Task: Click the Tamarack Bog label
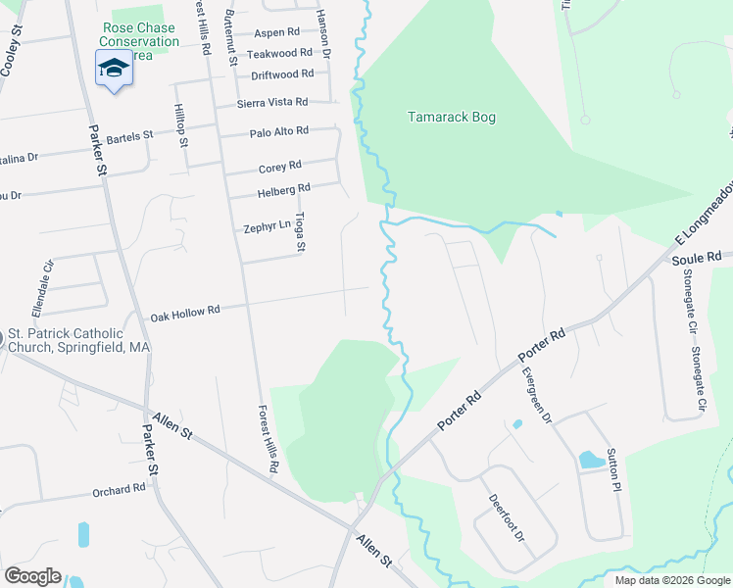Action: [452, 118]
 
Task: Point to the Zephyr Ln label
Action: [268, 227]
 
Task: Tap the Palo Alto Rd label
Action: [279, 131]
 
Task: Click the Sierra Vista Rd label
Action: [272, 102]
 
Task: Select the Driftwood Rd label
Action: [282, 74]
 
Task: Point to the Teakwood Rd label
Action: [279, 53]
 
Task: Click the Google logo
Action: [32, 576]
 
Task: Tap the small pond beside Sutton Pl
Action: [591, 459]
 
